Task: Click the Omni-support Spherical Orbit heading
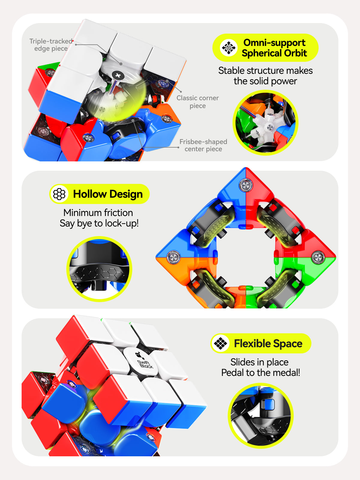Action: click(x=274, y=48)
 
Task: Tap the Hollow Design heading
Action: click(x=108, y=194)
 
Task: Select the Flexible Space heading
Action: click(x=268, y=343)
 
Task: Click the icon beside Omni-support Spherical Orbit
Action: click(x=229, y=47)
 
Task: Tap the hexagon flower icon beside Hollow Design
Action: click(x=59, y=194)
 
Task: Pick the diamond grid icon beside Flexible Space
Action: click(x=220, y=343)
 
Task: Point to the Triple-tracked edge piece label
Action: click(x=51, y=45)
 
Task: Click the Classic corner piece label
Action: click(x=198, y=102)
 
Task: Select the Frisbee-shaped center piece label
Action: click(x=203, y=145)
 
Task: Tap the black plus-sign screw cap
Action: click(x=118, y=76)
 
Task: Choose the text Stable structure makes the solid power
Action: click(x=265, y=76)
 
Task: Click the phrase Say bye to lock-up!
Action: click(x=99, y=223)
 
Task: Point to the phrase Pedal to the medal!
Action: click(x=260, y=372)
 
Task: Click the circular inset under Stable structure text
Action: click(x=265, y=122)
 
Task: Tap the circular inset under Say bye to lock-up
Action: click(x=99, y=269)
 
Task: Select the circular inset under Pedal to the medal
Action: click(x=260, y=415)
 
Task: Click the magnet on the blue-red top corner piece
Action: click(x=246, y=185)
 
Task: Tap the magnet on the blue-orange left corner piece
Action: click(x=174, y=257)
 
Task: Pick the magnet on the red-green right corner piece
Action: click(x=318, y=257)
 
